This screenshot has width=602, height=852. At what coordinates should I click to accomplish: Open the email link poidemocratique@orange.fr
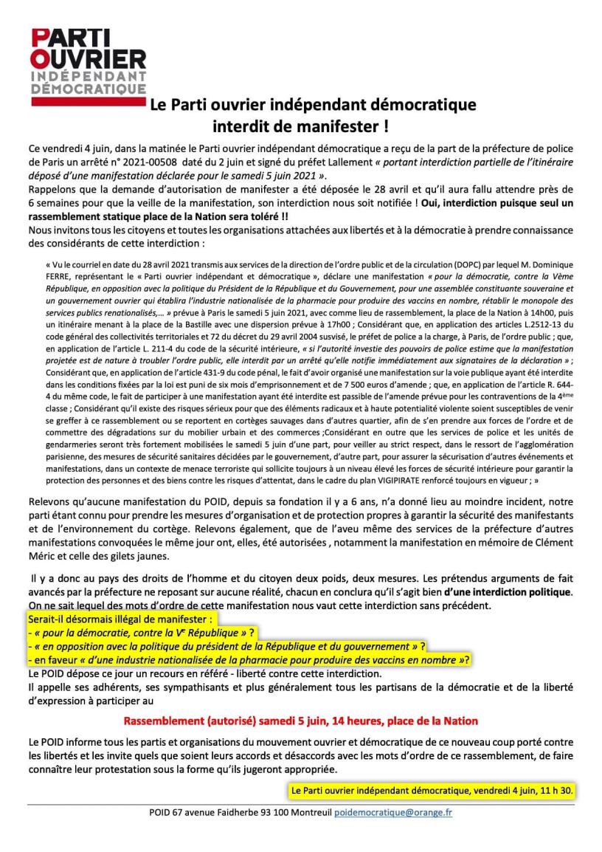tap(393, 812)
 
